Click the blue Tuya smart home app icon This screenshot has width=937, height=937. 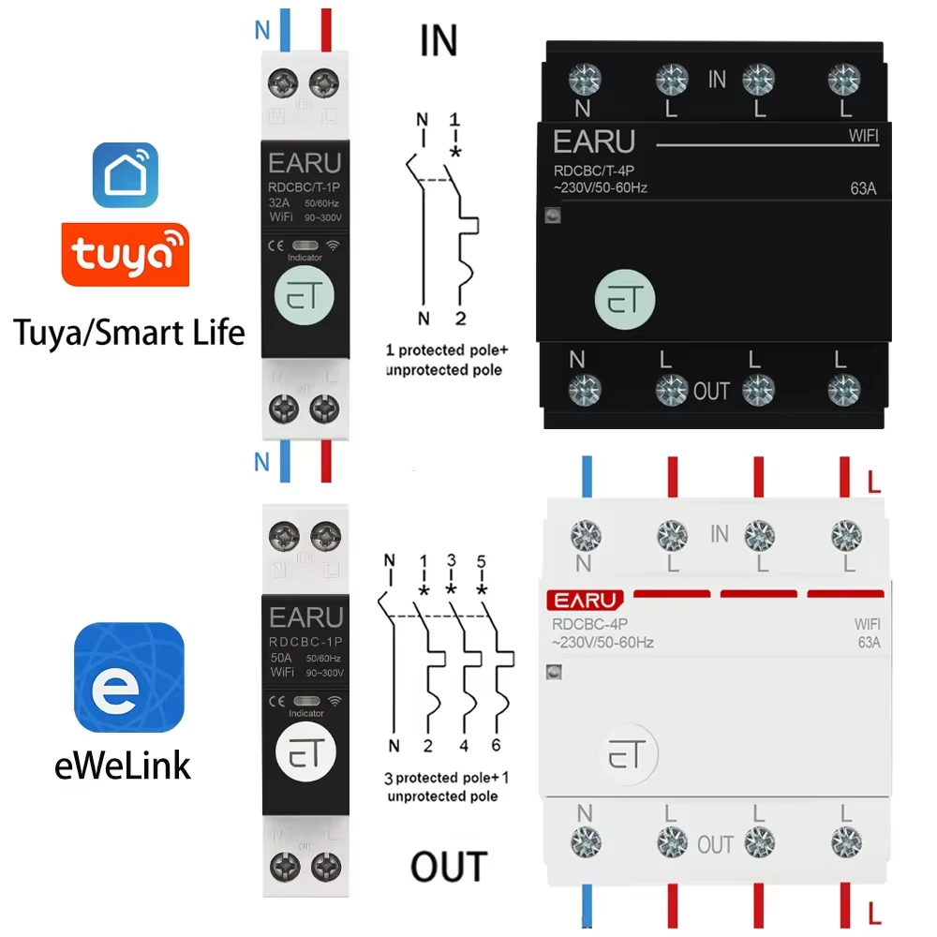[125, 175]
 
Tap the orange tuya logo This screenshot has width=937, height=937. [125, 253]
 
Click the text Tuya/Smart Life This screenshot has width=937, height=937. [129, 331]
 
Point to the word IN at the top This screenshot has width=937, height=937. [439, 41]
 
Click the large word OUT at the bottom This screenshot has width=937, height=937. [449, 866]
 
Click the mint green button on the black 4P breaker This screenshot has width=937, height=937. [624, 301]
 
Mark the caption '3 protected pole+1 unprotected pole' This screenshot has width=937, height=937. [440, 787]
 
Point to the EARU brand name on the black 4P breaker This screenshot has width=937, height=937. [594, 141]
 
